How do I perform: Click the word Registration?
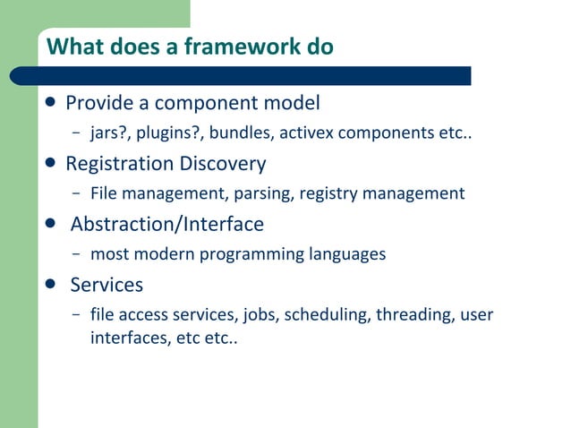pyautogui.click(x=119, y=164)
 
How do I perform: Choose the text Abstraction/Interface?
pyautogui.click(x=166, y=224)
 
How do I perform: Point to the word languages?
pyautogui.click(x=347, y=254)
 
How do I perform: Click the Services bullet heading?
pyautogui.click(x=107, y=285)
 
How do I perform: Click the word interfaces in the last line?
pyautogui.click(x=126, y=339)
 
